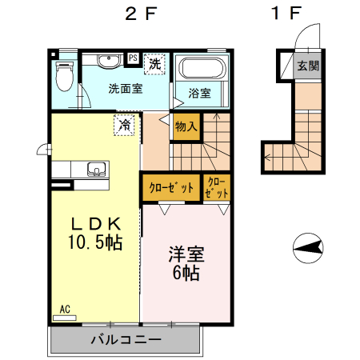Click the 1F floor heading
click(x=286, y=14)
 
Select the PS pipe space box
click(x=133, y=58)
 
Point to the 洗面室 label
click(x=125, y=89)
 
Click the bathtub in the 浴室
click(x=202, y=70)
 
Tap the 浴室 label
click(x=200, y=94)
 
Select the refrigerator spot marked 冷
click(x=125, y=125)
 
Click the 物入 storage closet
click(x=186, y=126)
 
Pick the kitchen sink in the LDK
click(x=95, y=170)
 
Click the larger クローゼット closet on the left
click(x=170, y=189)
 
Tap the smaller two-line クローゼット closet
click(x=216, y=188)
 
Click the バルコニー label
click(x=126, y=339)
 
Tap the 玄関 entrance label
click(x=306, y=66)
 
